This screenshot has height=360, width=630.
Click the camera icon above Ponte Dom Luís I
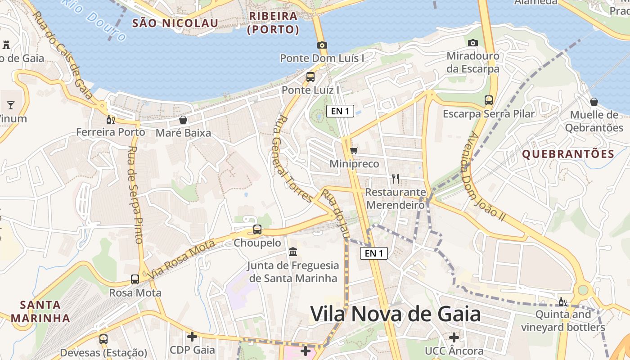coord(322,45)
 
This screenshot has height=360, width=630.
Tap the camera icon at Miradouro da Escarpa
coord(472,43)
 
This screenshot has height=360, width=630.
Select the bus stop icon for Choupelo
coord(257,229)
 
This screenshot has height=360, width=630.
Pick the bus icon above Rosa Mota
coord(135,279)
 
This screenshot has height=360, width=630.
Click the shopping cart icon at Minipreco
coord(354,150)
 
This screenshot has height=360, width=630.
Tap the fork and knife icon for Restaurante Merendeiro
coord(396,179)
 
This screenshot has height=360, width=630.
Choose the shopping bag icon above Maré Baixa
coord(183,120)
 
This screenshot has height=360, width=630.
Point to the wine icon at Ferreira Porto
coord(110,119)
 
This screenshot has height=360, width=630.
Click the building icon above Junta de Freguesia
coord(293,252)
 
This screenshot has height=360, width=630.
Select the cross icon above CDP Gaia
coord(192,337)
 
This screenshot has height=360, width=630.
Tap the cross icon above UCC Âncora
coord(454,337)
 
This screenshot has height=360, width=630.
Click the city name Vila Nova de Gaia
coord(396,314)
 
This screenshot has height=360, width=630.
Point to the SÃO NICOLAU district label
coord(175,23)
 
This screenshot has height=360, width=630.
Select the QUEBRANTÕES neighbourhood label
coord(568,154)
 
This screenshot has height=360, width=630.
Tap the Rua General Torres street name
coord(293,158)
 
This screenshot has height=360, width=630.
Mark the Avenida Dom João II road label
coord(486,176)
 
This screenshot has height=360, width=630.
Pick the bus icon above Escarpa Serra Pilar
coord(489,100)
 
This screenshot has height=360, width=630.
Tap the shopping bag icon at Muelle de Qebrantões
coord(594,102)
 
